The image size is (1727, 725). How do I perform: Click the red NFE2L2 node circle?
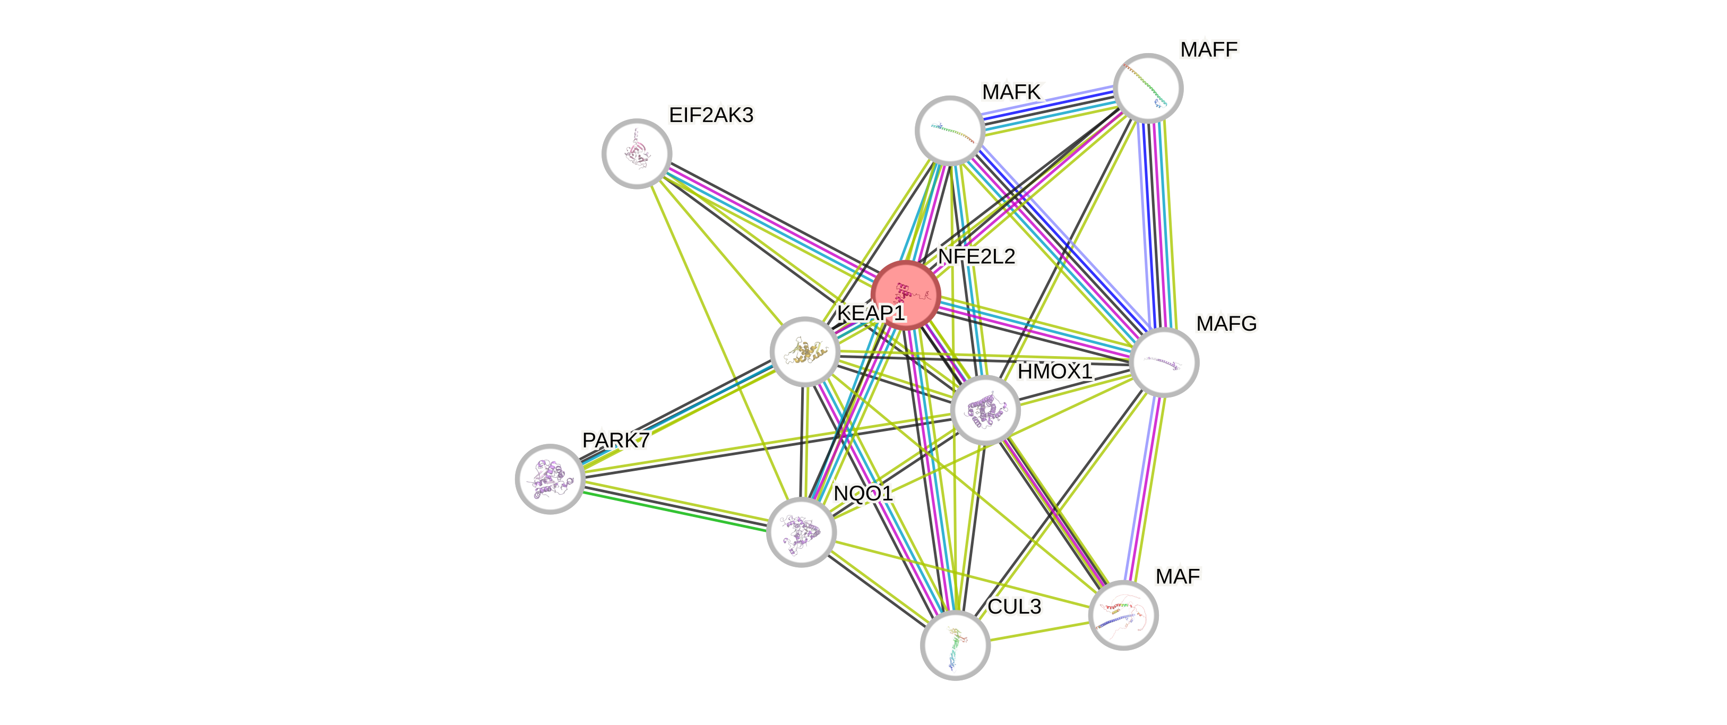tap(906, 295)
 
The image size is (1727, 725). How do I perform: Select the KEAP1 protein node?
tap(804, 351)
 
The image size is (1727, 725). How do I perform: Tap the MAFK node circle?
tap(950, 130)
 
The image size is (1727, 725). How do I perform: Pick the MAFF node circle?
tap(1148, 88)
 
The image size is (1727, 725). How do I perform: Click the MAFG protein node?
tap(1164, 362)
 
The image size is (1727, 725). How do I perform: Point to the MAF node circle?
tap(1123, 615)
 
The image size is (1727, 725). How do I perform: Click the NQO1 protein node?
tap(801, 532)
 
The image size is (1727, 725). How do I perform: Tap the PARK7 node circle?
tap(550, 478)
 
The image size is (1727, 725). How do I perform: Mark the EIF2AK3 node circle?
tap(636, 153)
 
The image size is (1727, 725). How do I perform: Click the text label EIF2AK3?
tap(711, 115)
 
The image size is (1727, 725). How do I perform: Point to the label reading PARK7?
tap(615, 440)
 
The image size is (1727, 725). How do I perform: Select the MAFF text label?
tap(1209, 49)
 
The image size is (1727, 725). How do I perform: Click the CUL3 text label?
tap(1015, 607)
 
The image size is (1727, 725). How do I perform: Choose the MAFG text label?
tap(1226, 324)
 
